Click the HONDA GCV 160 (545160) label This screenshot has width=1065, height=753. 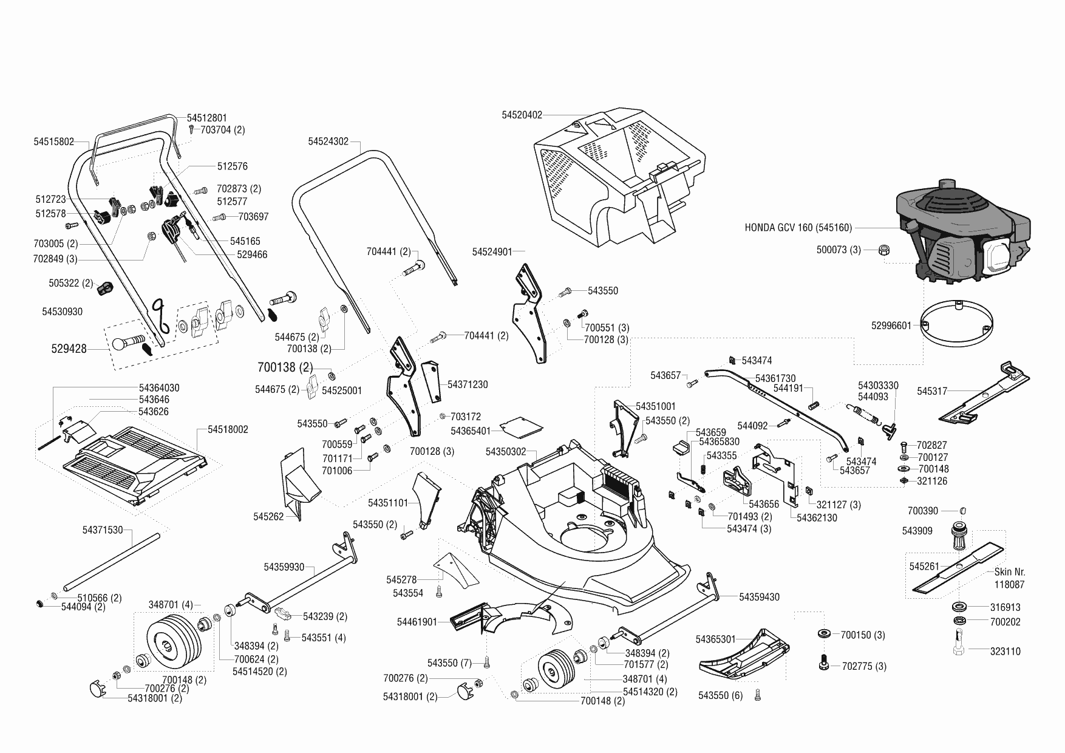798,228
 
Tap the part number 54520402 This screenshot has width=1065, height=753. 522,115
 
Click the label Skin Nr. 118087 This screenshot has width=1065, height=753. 1009,578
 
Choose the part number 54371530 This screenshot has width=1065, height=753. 102,530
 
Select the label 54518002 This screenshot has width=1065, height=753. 228,429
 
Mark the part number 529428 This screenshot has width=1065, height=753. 69,349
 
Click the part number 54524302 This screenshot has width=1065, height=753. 328,141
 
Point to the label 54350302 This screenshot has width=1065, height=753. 506,452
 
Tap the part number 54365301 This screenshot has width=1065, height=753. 715,639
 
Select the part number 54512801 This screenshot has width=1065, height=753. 206,118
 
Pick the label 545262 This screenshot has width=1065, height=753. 268,517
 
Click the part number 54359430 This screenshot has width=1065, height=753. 759,597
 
